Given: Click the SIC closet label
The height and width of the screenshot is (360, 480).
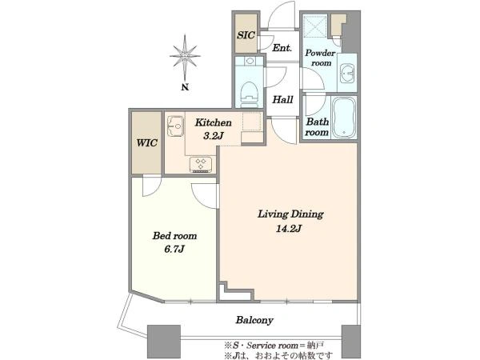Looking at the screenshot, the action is point(246,35).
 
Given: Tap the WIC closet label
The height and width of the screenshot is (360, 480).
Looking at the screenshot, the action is point(147,142).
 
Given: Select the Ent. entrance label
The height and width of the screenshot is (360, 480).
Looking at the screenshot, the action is point(282,48).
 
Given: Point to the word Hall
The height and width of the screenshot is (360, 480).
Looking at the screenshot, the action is point(282,99).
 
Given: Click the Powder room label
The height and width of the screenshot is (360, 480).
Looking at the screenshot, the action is point(321,58).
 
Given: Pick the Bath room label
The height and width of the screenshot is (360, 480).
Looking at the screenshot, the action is point(317,126).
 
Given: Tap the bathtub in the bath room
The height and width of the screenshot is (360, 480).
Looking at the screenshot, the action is point(344,118).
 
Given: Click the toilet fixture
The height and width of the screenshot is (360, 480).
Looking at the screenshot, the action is point(249,93).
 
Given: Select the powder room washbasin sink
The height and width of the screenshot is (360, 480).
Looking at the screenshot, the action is point(347,73).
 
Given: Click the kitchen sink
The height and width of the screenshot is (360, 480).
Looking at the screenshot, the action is point(175,126).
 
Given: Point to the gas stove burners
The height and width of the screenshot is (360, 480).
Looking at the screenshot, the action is point(201,164).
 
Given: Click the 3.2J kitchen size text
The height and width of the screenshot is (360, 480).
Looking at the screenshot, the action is point(213,135).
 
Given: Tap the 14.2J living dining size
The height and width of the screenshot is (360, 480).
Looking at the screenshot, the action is point(289,228).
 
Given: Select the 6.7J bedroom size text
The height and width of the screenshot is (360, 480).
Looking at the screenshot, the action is point(174,249).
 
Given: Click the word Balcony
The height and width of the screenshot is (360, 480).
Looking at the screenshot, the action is point(254,320).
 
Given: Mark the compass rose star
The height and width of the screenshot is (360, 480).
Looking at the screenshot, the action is point(185,56).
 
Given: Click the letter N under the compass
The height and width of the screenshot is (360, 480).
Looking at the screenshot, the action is point(185,87).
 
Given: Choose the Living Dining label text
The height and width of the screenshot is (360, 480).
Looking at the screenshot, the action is point(290,214).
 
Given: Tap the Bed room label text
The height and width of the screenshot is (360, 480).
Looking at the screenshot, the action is point(174,236).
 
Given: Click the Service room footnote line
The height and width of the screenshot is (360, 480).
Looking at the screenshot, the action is point(274,346).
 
